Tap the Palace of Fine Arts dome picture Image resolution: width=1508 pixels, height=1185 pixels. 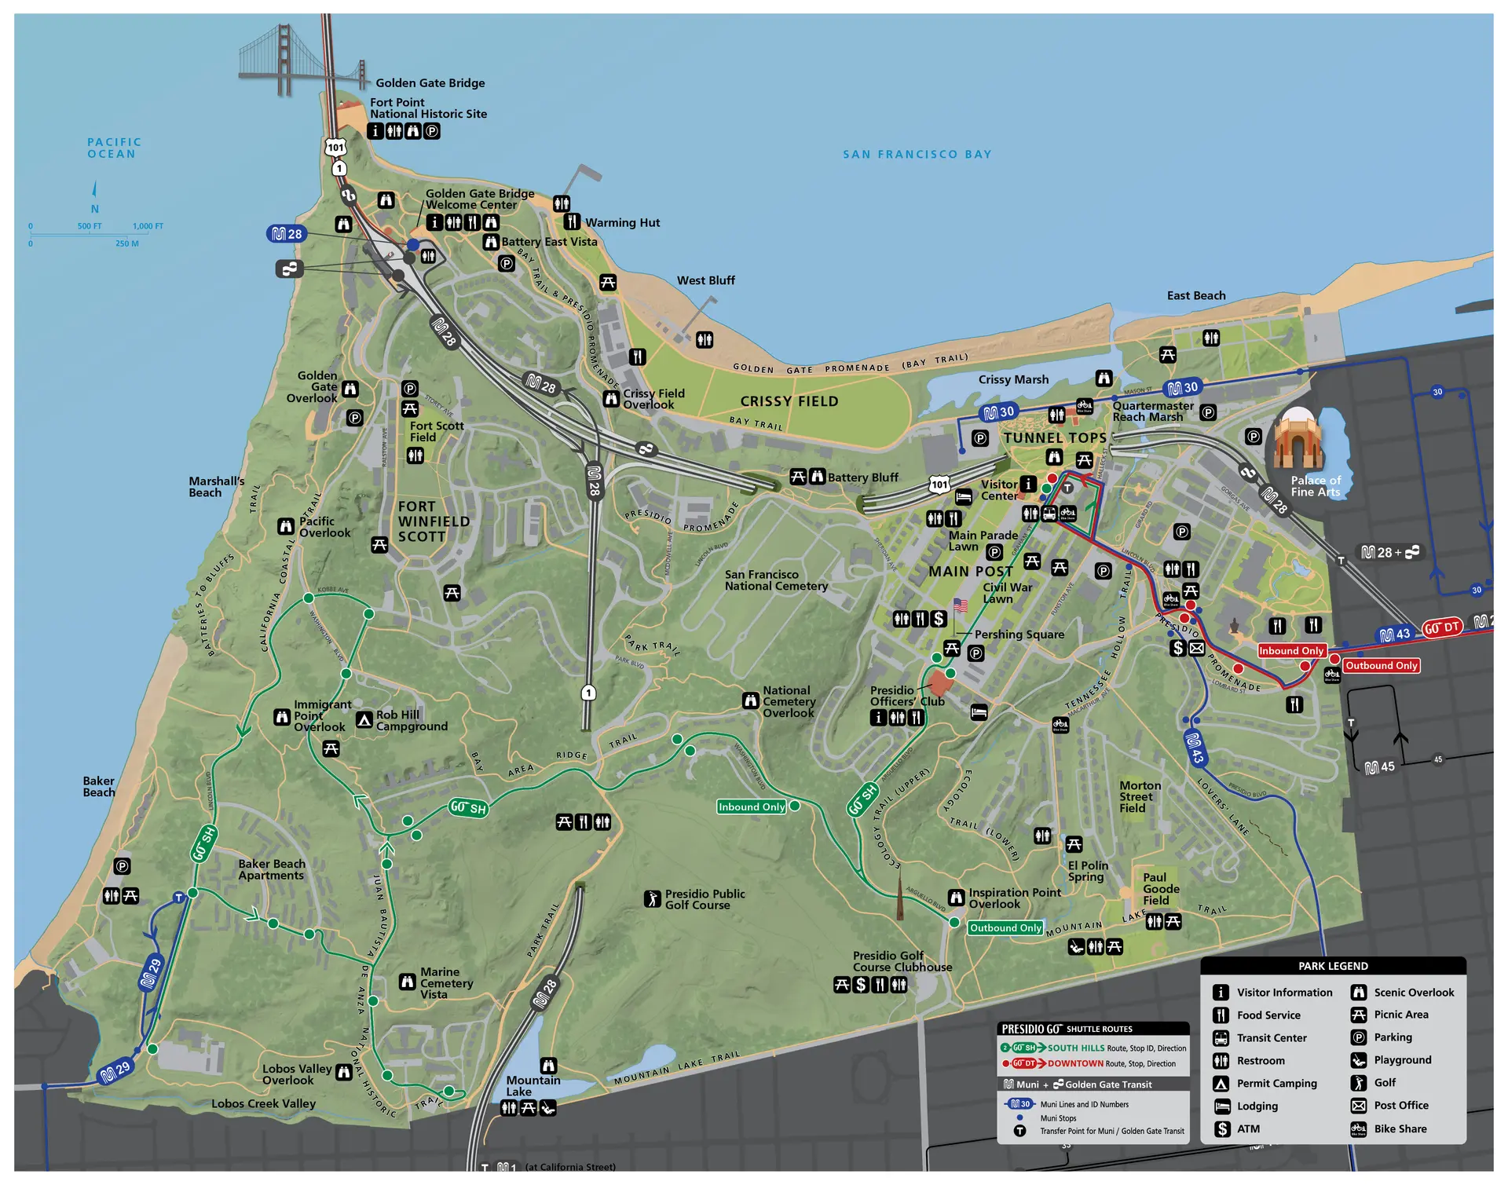click(x=1298, y=440)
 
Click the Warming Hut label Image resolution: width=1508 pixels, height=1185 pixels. click(x=622, y=223)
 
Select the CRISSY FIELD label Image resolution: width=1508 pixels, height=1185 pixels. click(x=789, y=401)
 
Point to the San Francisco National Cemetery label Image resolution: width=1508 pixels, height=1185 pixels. click(x=776, y=580)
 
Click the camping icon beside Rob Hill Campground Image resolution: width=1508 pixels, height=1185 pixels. click(x=364, y=720)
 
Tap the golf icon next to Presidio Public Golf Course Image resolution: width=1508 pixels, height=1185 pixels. click(x=653, y=898)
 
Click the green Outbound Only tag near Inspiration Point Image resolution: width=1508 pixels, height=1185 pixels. click(x=1005, y=928)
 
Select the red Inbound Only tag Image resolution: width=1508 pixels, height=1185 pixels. click(x=1291, y=651)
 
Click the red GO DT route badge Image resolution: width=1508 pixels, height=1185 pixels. click(x=1442, y=627)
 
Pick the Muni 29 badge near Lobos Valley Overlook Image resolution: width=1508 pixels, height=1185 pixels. click(x=115, y=1071)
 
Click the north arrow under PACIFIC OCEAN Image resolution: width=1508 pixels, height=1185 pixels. click(x=94, y=189)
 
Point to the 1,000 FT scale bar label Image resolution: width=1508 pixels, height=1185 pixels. click(x=148, y=226)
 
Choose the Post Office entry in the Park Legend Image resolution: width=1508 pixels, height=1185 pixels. click(x=1400, y=1106)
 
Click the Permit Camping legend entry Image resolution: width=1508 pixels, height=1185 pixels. click(x=1276, y=1084)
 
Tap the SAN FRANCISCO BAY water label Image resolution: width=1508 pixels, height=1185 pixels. click(x=917, y=155)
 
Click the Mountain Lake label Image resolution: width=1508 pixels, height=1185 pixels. click(x=533, y=1086)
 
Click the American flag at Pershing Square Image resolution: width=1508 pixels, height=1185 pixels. click(x=960, y=605)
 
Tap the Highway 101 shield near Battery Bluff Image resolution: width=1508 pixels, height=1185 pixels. click(x=939, y=485)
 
